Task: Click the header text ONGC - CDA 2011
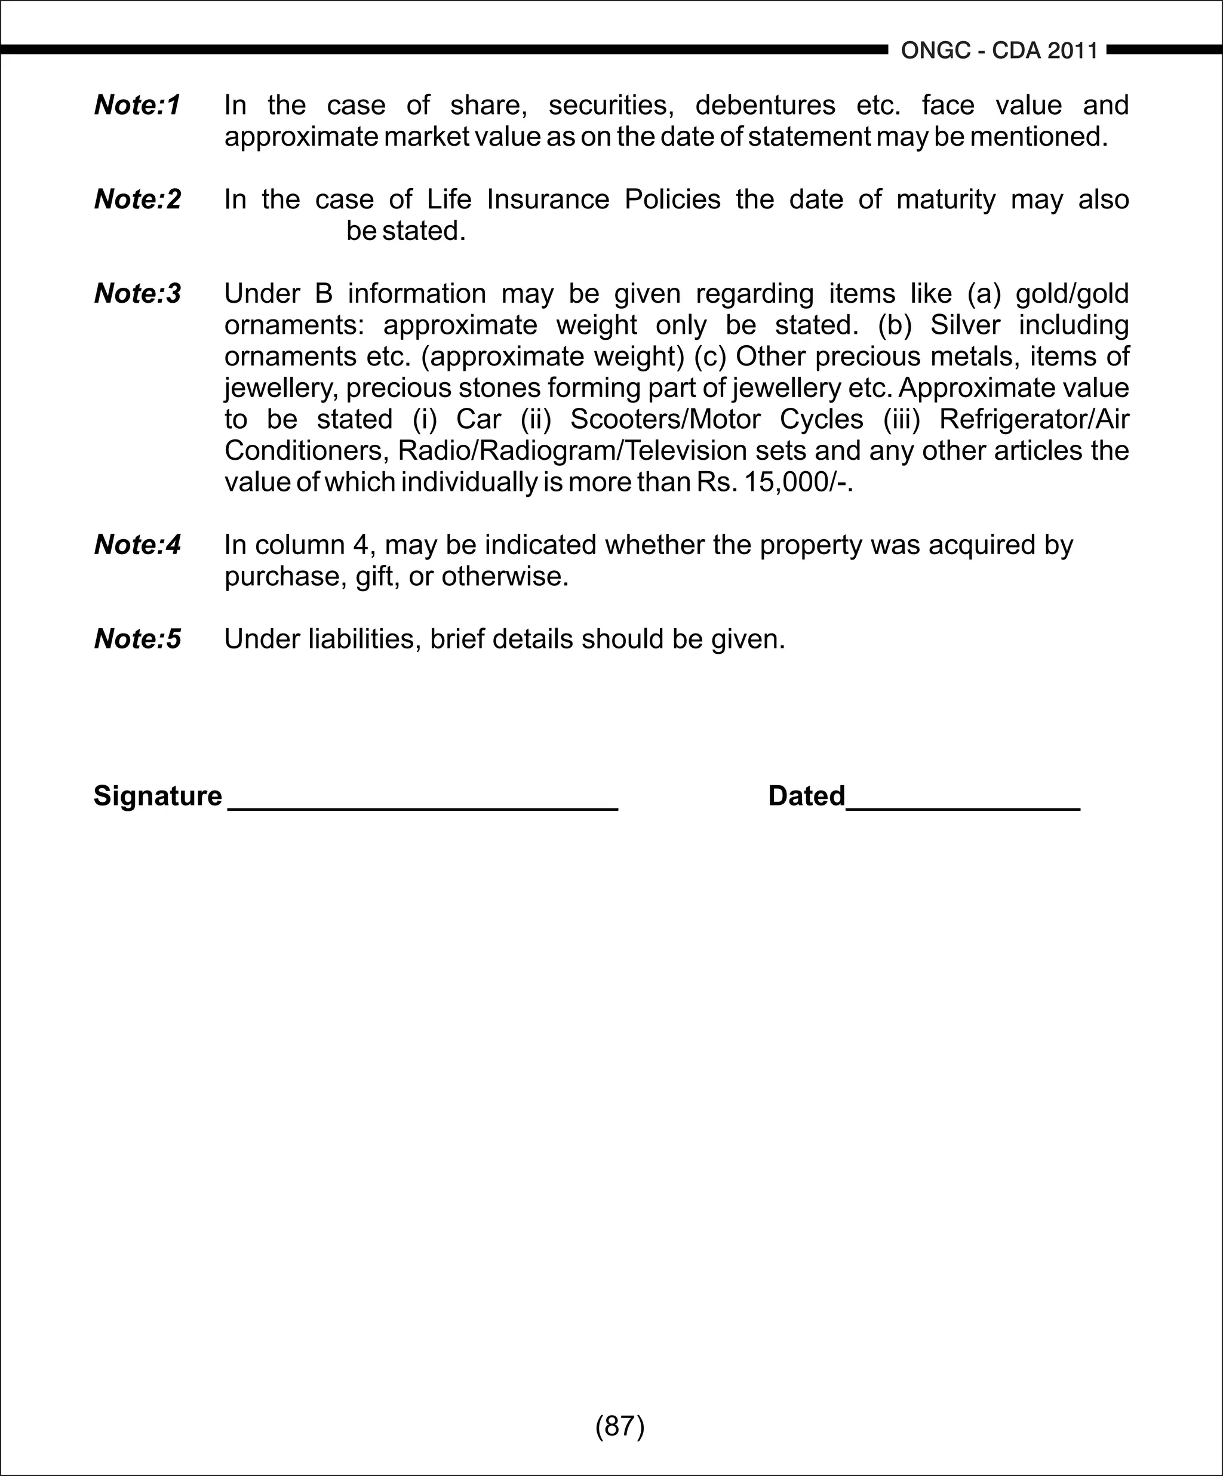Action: [x=999, y=51]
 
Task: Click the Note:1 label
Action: [x=138, y=106]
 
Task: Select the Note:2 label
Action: [x=138, y=199]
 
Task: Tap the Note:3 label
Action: [x=138, y=294]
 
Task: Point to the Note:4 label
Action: [x=138, y=545]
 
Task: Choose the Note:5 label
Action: [x=138, y=639]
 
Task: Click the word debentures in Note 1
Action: [x=765, y=106]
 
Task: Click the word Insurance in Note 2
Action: [x=548, y=199]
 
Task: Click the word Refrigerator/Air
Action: [x=1033, y=420]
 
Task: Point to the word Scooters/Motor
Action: [x=665, y=420]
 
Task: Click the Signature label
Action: [x=158, y=797]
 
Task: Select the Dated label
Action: [x=806, y=797]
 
